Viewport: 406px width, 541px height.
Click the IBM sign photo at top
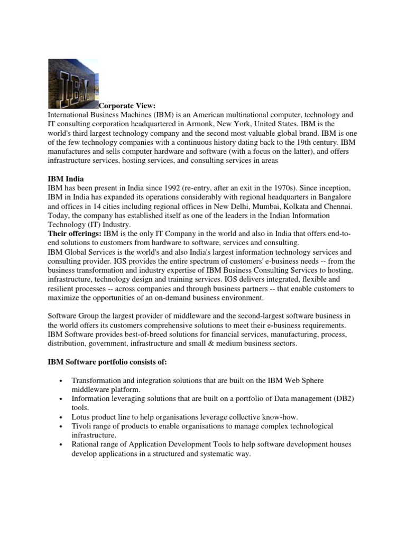73,83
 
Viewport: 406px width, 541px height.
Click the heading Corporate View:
127,106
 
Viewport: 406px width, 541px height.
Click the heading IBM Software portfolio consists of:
108,362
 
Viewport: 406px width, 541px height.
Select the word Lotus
81,417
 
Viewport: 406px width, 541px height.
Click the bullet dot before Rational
62,445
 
